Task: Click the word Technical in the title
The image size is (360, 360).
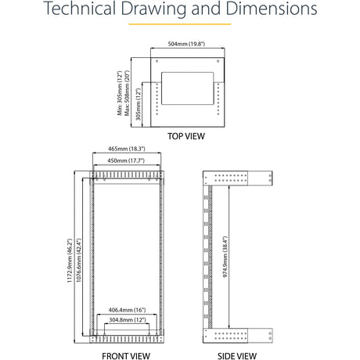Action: click(80, 8)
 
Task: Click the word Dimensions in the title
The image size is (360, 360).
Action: click(272, 8)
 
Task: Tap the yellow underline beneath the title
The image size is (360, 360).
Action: click(180, 24)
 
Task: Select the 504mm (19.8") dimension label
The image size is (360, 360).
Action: click(186, 44)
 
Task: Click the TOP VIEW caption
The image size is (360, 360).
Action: click(186, 136)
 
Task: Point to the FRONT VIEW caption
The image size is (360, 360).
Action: click(126, 356)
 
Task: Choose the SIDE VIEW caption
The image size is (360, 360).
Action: click(237, 356)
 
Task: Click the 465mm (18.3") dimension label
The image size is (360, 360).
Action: click(127, 149)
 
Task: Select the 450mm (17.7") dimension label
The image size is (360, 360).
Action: click(126, 160)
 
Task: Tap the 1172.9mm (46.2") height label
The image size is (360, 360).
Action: click(70, 261)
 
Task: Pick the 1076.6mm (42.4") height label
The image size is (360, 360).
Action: click(78, 261)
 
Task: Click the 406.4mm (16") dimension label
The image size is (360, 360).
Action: click(127, 310)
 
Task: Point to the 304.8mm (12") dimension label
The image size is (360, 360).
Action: click(128, 320)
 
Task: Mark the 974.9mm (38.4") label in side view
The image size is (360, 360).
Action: click(225, 257)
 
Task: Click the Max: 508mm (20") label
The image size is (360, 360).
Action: click(127, 93)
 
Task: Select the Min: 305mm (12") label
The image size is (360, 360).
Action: click(120, 93)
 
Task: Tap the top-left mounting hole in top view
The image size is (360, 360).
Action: click(157, 61)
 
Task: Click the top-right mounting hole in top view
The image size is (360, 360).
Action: click(218, 61)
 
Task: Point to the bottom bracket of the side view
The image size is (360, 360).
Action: click(238, 336)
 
